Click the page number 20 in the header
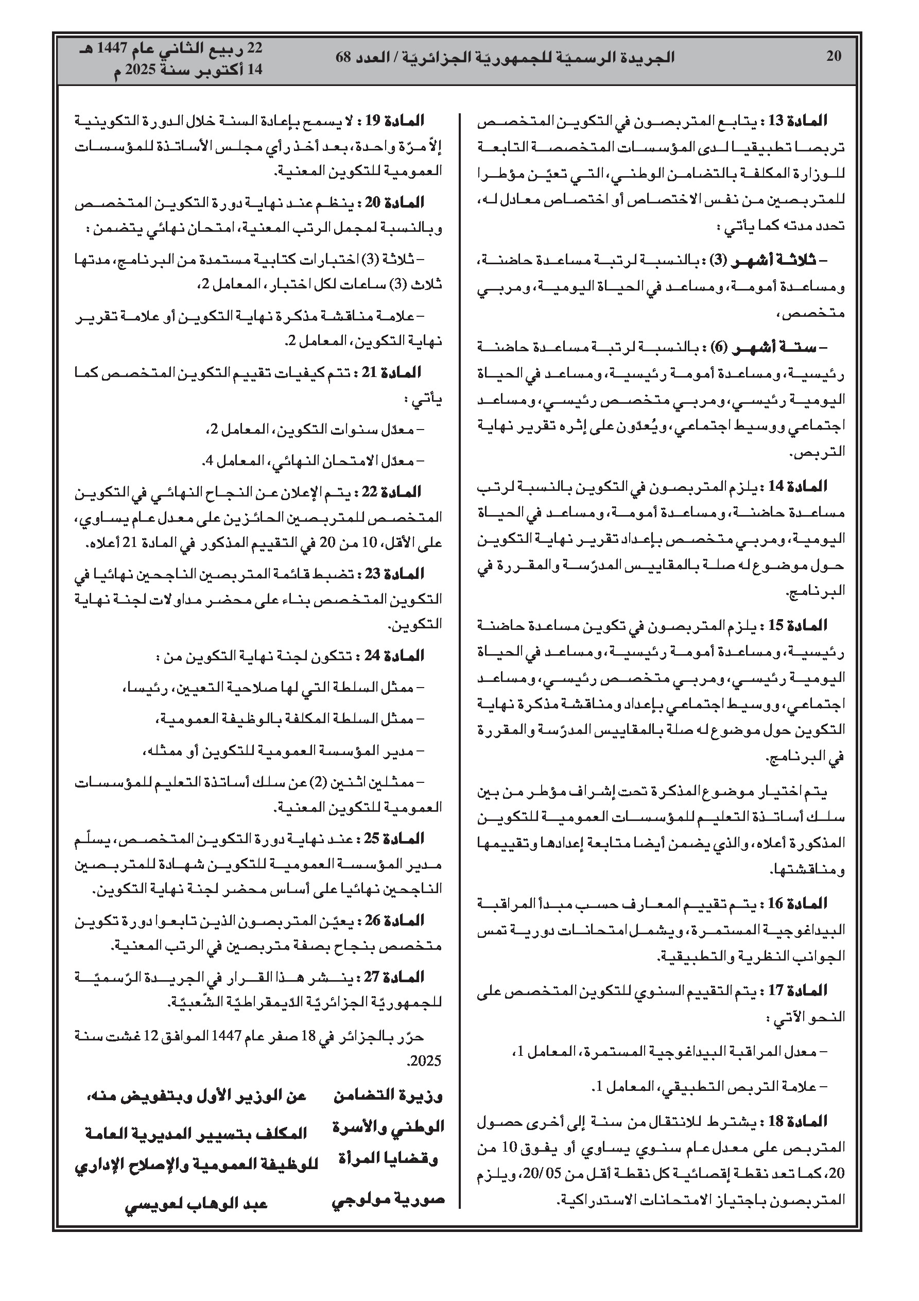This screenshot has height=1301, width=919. pos(834,56)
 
